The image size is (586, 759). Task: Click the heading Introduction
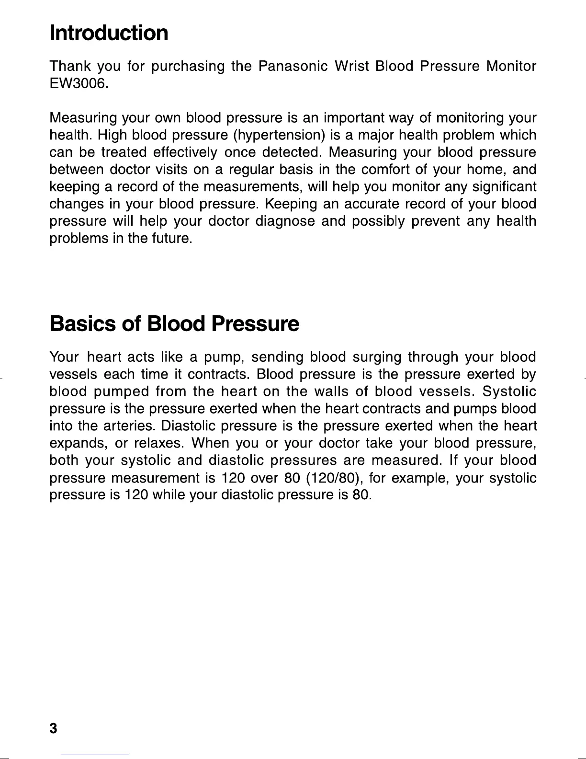[x=109, y=33]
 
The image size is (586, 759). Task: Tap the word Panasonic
[x=293, y=66]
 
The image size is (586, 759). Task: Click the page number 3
[x=53, y=729]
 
